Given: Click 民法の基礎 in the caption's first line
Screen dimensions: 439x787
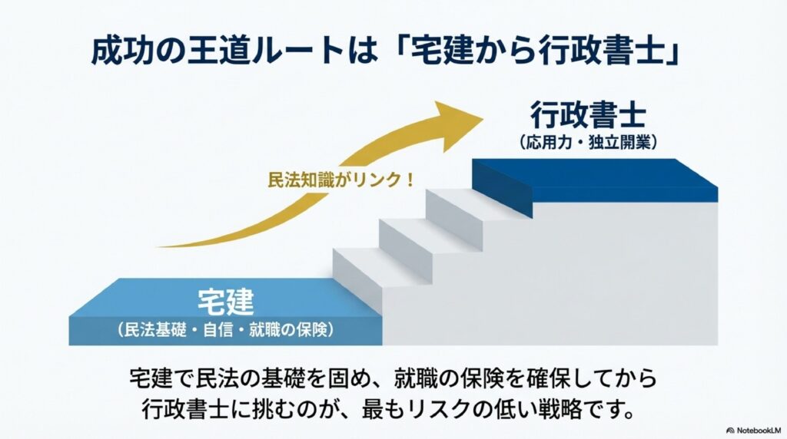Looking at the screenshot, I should [261, 378].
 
